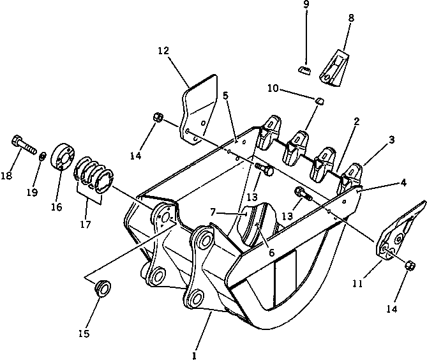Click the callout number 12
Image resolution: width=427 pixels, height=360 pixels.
point(163,50)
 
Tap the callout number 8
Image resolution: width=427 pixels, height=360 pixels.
point(350,20)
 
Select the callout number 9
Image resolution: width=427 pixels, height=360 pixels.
point(306,4)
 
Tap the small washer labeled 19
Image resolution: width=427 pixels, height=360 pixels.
point(41,156)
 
